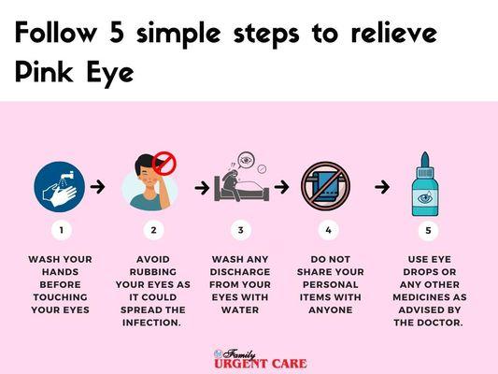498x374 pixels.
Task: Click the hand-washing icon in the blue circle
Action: point(60,187)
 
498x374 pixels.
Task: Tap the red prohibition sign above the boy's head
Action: point(164,163)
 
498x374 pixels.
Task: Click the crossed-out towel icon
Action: point(325,186)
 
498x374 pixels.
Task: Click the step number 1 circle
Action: point(62,230)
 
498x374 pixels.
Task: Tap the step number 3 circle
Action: point(241,230)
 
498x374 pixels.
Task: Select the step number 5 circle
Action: point(428,230)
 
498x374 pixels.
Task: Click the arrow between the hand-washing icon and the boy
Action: point(97,186)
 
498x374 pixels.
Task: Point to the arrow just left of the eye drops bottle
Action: point(382,187)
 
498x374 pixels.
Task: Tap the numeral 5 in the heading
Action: point(117,32)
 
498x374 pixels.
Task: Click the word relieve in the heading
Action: point(394,33)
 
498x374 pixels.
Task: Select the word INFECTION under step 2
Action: point(151,323)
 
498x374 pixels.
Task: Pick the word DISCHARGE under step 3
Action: point(240,272)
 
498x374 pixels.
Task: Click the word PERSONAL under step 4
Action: point(331,285)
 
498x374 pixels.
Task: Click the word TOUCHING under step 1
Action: point(61,297)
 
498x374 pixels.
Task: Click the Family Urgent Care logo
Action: point(261,359)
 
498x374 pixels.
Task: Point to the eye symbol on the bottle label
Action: point(425,198)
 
